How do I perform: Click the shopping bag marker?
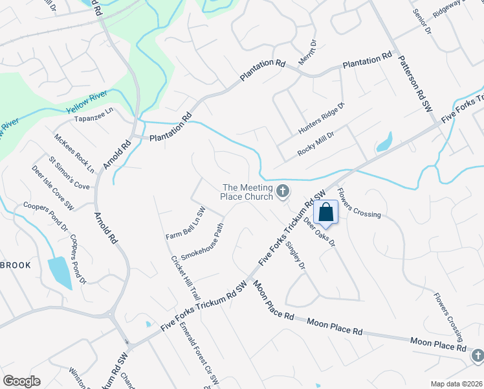click(326, 212)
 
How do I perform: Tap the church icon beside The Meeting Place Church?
click(282, 191)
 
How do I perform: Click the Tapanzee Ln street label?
click(93, 111)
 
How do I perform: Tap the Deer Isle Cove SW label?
click(54, 187)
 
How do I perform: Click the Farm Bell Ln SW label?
click(185, 222)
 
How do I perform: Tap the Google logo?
click(21, 381)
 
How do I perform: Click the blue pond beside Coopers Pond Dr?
click(59, 272)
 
